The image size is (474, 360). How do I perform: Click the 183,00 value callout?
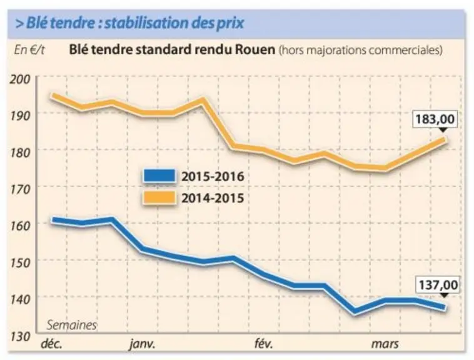click(x=435, y=119)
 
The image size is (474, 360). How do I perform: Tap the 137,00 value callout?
click(x=438, y=285)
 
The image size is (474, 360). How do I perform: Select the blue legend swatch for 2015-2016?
click(x=159, y=176)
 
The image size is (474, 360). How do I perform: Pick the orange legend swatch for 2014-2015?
click(x=159, y=198)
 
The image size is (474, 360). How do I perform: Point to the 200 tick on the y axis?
click(x=20, y=79)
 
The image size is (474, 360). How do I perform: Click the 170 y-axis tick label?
click(x=20, y=189)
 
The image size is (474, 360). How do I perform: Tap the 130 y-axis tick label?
click(x=20, y=336)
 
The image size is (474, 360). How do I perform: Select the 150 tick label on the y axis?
click(x=20, y=263)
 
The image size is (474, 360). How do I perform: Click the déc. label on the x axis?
click(x=52, y=344)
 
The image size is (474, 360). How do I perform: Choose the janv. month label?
click(x=142, y=344)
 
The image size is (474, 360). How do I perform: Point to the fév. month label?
click(x=264, y=344)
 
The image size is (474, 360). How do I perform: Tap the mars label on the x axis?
click(x=385, y=344)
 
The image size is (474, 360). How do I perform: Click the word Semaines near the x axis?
click(x=72, y=325)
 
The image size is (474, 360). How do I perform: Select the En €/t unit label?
click(x=29, y=50)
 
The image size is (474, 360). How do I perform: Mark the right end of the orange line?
click(x=445, y=139)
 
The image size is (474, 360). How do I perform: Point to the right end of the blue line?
click(x=445, y=307)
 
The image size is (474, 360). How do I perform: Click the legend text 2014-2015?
click(x=213, y=198)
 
